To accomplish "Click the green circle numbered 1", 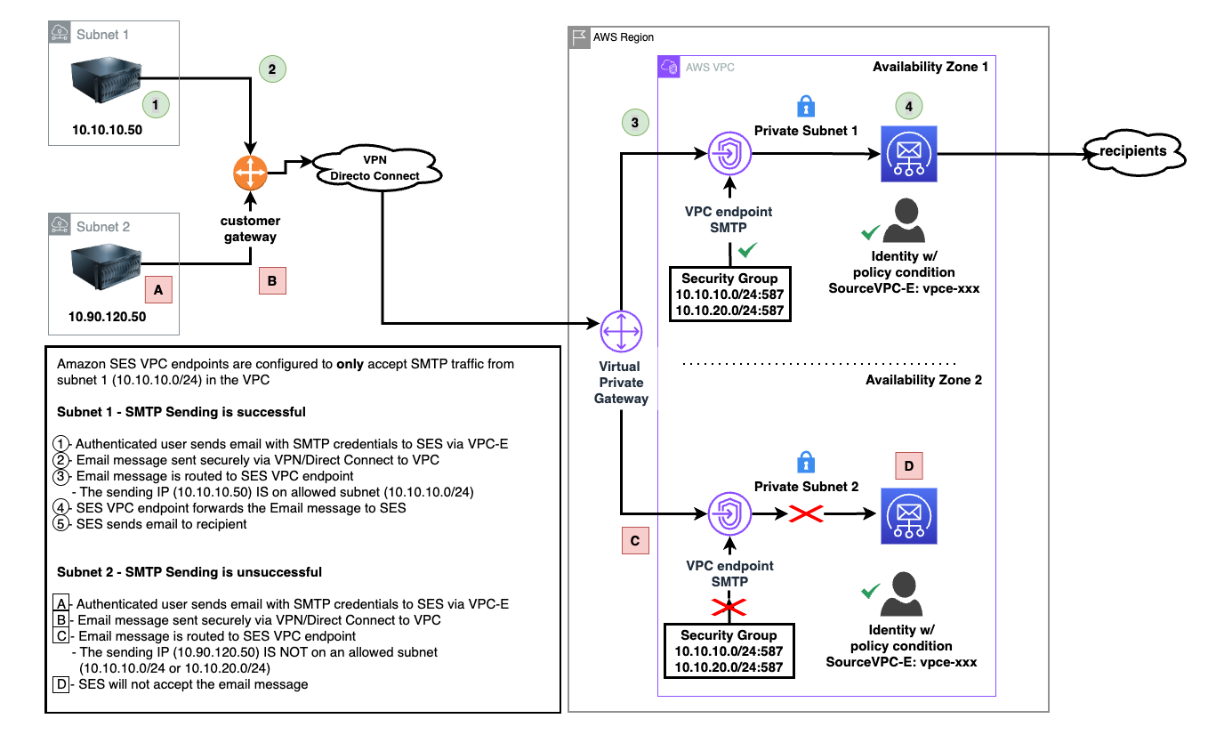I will tap(156, 104).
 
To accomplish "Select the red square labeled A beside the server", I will tap(158, 289).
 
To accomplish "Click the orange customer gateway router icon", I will tap(251, 174).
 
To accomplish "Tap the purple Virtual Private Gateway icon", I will tap(620, 332).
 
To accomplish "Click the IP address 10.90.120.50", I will tap(107, 316).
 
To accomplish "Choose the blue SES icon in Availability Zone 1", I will tap(908, 154).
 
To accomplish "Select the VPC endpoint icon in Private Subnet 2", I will tap(729, 513).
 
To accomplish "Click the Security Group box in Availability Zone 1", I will tap(730, 295).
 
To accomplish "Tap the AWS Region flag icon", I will tap(579, 37).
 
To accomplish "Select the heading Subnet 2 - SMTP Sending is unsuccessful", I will tap(189, 572).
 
